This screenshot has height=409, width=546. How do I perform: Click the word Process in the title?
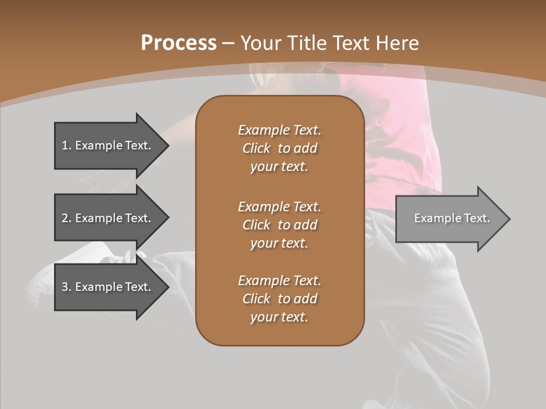[x=179, y=43]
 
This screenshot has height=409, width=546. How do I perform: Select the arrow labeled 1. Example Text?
[x=106, y=145]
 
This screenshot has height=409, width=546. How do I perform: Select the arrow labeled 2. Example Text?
[x=106, y=218]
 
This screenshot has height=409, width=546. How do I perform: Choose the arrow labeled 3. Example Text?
[x=106, y=287]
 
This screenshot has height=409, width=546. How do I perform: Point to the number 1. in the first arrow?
[x=67, y=145]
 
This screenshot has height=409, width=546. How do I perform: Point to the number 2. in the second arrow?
[x=67, y=218]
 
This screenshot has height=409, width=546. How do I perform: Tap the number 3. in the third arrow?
[x=67, y=287]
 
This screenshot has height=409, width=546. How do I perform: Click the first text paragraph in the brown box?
[x=279, y=148]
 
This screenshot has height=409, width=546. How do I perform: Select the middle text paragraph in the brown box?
[x=279, y=225]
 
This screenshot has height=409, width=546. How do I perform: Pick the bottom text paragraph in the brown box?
[x=279, y=299]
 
